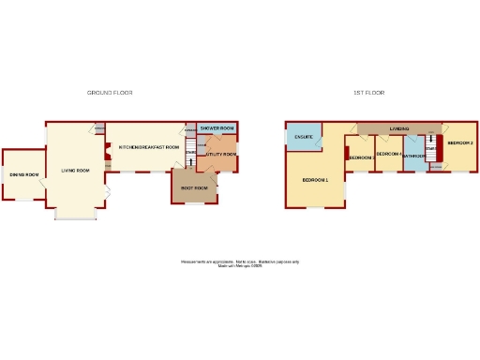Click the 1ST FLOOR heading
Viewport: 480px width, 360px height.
tap(369, 93)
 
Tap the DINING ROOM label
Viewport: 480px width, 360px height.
tap(23, 174)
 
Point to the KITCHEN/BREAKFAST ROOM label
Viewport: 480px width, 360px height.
tap(148, 147)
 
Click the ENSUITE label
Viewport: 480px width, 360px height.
tap(303, 138)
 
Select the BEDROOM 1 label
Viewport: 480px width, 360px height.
tap(315, 179)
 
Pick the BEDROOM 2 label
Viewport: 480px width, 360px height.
tap(459, 142)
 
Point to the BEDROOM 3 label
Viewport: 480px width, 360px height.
tap(361, 157)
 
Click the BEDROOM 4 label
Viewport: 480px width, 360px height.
tap(388, 153)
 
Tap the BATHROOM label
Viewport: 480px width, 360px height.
tap(413, 156)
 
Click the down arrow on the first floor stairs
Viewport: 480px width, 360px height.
tap(431, 150)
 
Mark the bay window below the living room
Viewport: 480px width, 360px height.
tap(76, 217)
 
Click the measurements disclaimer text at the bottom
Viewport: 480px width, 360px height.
tap(239, 263)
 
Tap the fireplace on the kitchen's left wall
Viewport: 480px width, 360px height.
tap(108, 150)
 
